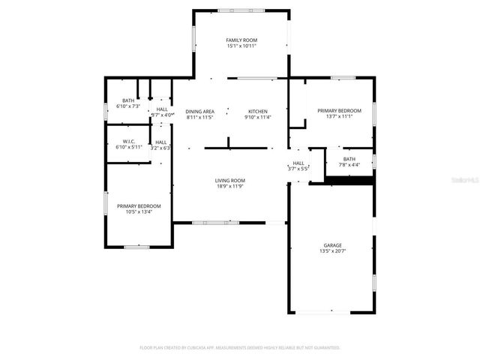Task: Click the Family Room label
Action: pos(241,40)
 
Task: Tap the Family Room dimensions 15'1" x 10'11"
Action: pos(241,46)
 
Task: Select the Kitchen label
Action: pos(257,111)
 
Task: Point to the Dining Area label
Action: pos(200,111)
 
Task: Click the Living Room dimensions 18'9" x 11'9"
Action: pos(230,187)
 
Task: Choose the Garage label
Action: pos(332,245)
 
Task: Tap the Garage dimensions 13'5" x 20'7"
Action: pos(332,252)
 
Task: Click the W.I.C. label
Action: pos(128,141)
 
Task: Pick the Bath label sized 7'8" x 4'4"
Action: pos(349,159)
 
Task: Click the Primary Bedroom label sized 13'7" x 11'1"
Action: pos(339,110)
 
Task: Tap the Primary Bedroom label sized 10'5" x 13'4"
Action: pos(138,205)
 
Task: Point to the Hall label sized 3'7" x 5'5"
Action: pos(298,163)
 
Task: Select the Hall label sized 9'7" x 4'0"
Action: pos(162,109)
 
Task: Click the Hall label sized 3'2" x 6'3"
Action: pos(161,142)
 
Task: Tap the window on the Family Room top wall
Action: pos(241,10)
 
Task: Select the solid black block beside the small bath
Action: pos(350,180)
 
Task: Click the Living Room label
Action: pos(230,180)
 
